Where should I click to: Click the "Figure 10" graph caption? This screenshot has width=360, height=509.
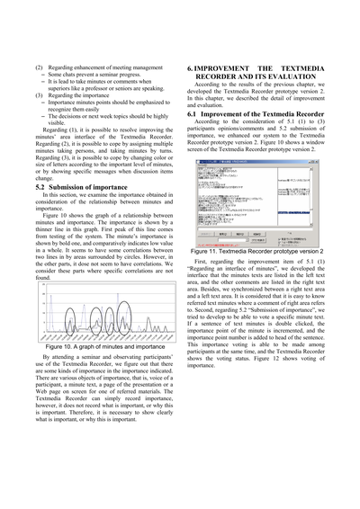(x=105, y=346)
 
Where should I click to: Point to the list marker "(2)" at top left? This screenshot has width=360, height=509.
(x=39, y=67)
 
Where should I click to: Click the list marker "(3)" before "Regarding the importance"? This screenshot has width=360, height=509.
(x=39, y=94)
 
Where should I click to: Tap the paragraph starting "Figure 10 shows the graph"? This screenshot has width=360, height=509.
(x=105, y=234)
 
